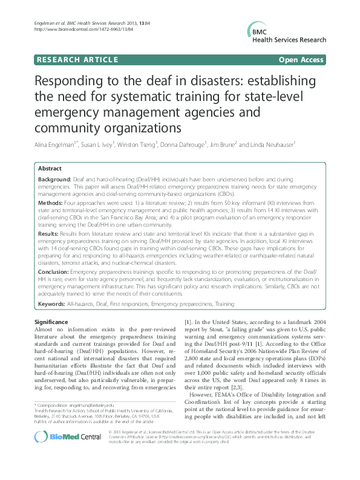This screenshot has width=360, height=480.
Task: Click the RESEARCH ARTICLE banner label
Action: point(76,60)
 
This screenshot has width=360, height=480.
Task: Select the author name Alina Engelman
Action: point(57,144)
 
